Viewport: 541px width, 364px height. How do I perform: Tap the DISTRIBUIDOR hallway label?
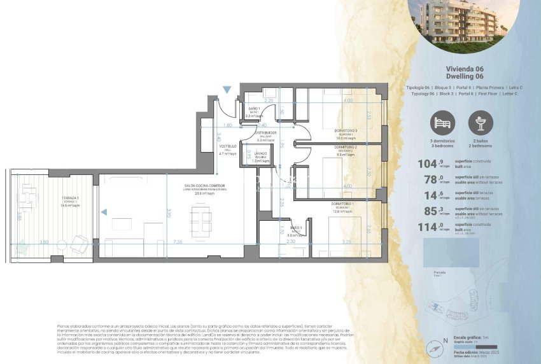(265, 133)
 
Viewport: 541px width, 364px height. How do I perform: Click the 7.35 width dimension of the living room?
(177, 242)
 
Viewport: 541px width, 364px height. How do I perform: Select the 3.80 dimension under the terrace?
(43, 242)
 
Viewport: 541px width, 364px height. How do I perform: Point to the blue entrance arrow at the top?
(227, 90)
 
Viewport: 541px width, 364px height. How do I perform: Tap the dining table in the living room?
(200, 221)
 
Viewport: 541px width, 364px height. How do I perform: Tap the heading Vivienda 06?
(465, 67)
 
